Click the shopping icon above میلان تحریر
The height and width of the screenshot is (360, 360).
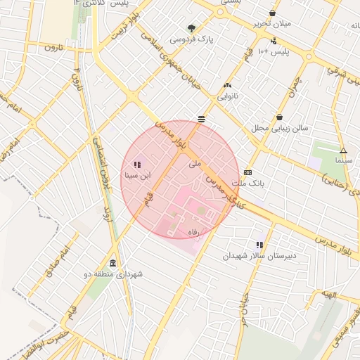click(272, 13)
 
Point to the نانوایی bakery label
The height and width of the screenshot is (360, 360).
click(227, 95)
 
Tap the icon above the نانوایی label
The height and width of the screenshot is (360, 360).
click(226, 84)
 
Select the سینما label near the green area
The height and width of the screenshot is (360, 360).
click(343, 161)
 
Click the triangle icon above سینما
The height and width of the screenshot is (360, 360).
click(343, 150)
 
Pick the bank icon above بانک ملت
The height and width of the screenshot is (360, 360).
click(247, 172)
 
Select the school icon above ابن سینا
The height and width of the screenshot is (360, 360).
click(136, 165)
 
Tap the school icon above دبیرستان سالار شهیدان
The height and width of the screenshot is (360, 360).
click(259, 245)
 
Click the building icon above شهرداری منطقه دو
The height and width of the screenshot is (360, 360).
click(113, 263)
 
